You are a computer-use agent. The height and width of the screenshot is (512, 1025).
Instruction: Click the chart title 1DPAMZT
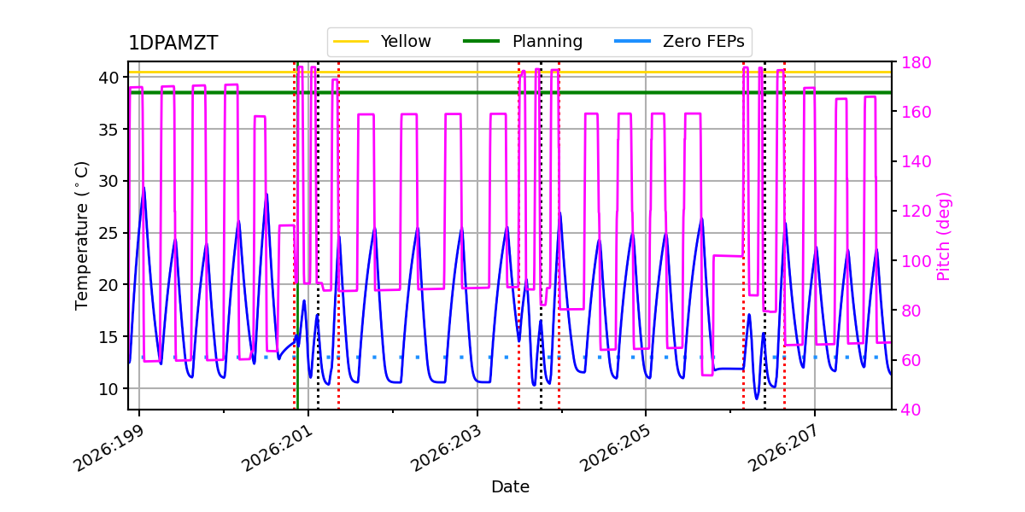[x=173, y=43]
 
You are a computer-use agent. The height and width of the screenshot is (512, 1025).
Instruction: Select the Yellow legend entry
[x=382, y=42]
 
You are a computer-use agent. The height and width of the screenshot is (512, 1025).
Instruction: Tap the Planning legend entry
[x=523, y=42]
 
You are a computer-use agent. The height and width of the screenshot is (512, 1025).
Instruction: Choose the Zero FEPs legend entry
[x=679, y=42]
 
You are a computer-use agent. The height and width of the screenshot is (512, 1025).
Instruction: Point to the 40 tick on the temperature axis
[x=108, y=78]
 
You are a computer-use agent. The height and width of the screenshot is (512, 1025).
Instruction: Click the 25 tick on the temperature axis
[x=108, y=233]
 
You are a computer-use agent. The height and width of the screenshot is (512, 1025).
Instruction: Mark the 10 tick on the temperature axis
[x=108, y=389]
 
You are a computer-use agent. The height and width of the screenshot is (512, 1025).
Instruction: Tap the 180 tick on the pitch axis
[x=916, y=62]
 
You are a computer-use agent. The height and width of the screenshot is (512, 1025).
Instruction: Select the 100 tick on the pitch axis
[x=916, y=261]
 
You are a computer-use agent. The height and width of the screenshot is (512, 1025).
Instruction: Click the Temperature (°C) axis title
[x=81, y=236]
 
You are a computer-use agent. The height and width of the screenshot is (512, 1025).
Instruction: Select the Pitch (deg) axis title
[x=943, y=236]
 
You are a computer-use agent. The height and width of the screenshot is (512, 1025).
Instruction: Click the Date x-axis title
[x=510, y=487]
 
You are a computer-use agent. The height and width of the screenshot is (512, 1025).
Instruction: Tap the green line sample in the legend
[x=481, y=41]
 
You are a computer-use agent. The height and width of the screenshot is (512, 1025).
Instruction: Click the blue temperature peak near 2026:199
[x=144, y=188]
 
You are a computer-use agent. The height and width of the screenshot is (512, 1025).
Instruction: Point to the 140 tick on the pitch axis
[x=916, y=161]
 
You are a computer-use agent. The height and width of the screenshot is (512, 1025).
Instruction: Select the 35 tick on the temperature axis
[x=108, y=130]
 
